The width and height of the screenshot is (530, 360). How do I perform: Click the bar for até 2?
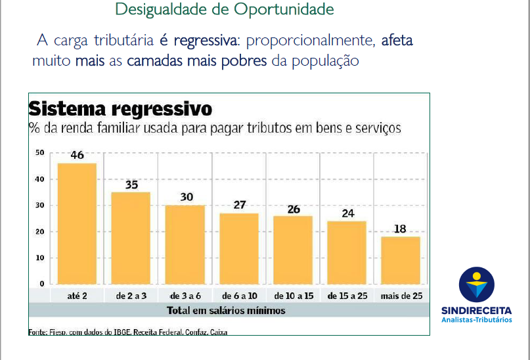77,223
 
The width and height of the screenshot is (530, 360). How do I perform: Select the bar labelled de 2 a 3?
131,238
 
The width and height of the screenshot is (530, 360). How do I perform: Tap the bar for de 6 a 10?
238,248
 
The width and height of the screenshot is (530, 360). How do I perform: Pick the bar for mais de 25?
401,260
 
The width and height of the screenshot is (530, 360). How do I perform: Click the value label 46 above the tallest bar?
77,156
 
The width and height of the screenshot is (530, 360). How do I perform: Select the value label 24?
347,214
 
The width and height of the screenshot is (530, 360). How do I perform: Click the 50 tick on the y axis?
41,152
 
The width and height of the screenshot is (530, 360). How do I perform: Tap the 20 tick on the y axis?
41,231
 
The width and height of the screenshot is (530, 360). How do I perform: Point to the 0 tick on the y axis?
42,284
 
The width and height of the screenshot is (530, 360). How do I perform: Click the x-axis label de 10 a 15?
293,296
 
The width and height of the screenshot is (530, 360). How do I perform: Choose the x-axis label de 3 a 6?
185,296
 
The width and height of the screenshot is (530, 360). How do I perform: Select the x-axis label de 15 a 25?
347,296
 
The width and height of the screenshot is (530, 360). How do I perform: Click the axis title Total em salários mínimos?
226,310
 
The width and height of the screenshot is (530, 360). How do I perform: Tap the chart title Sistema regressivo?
120,108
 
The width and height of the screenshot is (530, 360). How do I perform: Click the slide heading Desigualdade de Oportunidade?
224,10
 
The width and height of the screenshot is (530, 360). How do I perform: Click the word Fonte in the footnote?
37,332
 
